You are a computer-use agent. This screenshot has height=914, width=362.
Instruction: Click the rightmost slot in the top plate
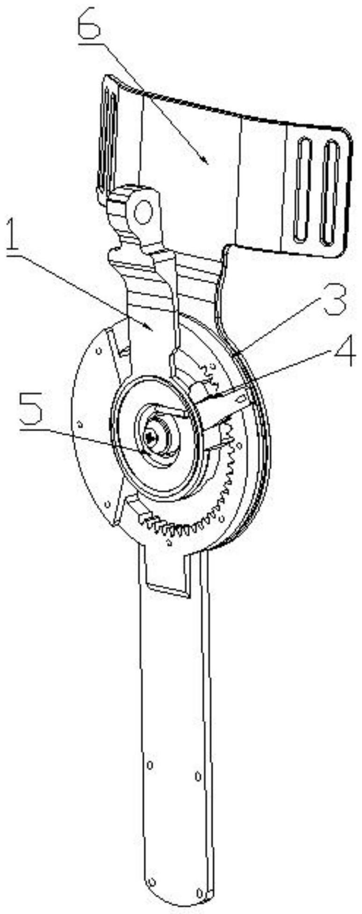(x=332, y=193)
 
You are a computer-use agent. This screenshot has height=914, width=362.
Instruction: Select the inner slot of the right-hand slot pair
(x=302, y=192)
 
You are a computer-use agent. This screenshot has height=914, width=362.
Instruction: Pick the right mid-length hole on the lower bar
(x=198, y=776)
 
